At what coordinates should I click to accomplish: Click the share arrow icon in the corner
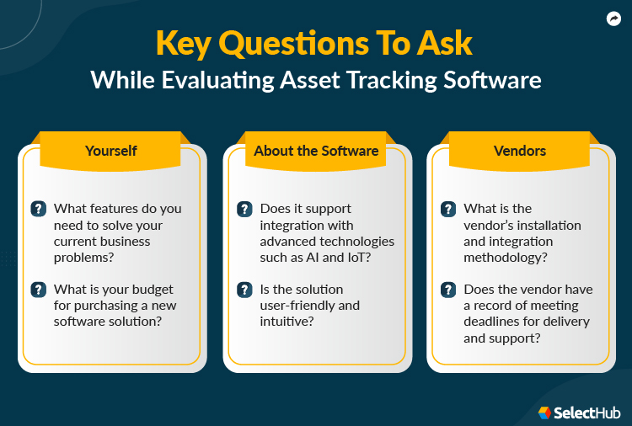(x=613, y=18)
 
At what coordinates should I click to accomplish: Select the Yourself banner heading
(x=111, y=152)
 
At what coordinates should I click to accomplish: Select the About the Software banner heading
(x=316, y=152)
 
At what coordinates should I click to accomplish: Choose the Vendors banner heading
(x=520, y=152)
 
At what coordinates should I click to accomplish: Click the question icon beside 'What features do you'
(x=39, y=209)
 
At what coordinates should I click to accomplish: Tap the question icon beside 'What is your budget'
(x=39, y=290)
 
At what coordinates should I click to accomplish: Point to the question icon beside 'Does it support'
(x=244, y=209)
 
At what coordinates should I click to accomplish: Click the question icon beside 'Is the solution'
(x=244, y=290)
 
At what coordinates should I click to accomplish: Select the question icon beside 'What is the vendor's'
(x=449, y=209)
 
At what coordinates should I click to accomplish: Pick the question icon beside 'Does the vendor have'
(x=449, y=290)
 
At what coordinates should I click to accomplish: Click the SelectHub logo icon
(x=544, y=413)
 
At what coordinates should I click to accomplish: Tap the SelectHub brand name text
(x=590, y=413)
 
